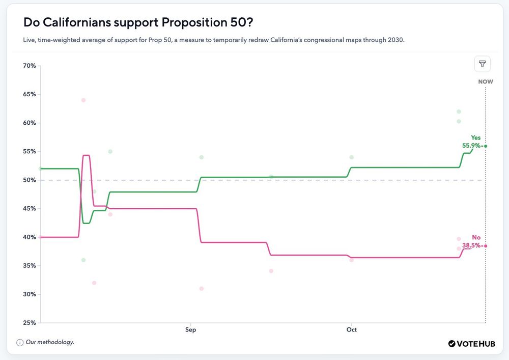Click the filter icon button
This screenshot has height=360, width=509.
pos(482,64)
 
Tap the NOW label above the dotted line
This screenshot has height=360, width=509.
pos(486,81)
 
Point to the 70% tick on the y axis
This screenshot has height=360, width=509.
pos(29,66)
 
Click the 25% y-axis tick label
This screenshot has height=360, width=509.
pos(29,323)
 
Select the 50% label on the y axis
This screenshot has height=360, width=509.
pos(29,180)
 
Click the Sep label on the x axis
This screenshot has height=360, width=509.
pos(190,330)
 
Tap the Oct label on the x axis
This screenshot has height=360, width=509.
pos(351,330)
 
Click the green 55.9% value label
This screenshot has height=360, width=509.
pos(471,146)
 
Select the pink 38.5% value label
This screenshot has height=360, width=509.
pos(471,245)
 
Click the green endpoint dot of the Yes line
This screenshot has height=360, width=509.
pos(486,146)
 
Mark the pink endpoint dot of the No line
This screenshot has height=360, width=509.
pos(486,246)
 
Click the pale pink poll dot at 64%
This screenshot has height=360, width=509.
pos(83,100)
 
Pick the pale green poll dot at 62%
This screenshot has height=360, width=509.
pos(459,112)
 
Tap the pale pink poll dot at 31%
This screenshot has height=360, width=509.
pos(202,289)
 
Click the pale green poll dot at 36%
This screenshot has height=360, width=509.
pos(83,260)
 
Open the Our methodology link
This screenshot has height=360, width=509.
pos(50,342)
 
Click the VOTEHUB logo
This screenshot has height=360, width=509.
pos(471,344)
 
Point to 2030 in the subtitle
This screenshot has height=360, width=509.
pos(395,40)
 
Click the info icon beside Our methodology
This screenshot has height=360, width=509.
pos(19,342)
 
